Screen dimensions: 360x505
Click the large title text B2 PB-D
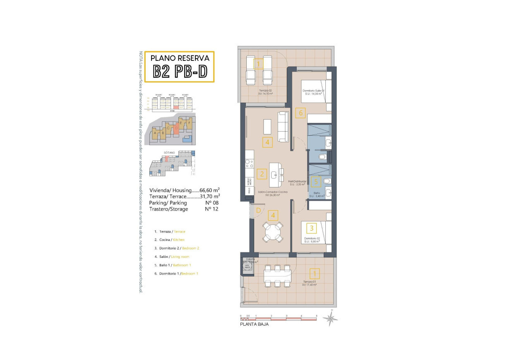[x=180, y=72]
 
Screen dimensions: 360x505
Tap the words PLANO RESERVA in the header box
[x=180, y=58]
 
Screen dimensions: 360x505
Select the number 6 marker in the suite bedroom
[x=301, y=113]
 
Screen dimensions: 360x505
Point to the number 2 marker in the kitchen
[x=261, y=174]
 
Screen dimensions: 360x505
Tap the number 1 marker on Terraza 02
[x=258, y=64]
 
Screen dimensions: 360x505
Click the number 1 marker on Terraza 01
[x=315, y=274]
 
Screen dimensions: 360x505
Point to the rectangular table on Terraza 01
[x=277, y=276]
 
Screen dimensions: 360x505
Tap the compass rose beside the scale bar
[x=330, y=318]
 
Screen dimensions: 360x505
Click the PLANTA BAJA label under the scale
[x=254, y=324]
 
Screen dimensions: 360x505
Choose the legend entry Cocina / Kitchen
[x=169, y=240]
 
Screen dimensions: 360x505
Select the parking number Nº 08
[x=212, y=203]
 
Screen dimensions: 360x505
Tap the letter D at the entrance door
[x=258, y=211]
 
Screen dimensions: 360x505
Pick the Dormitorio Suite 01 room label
[x=313, y=91]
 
